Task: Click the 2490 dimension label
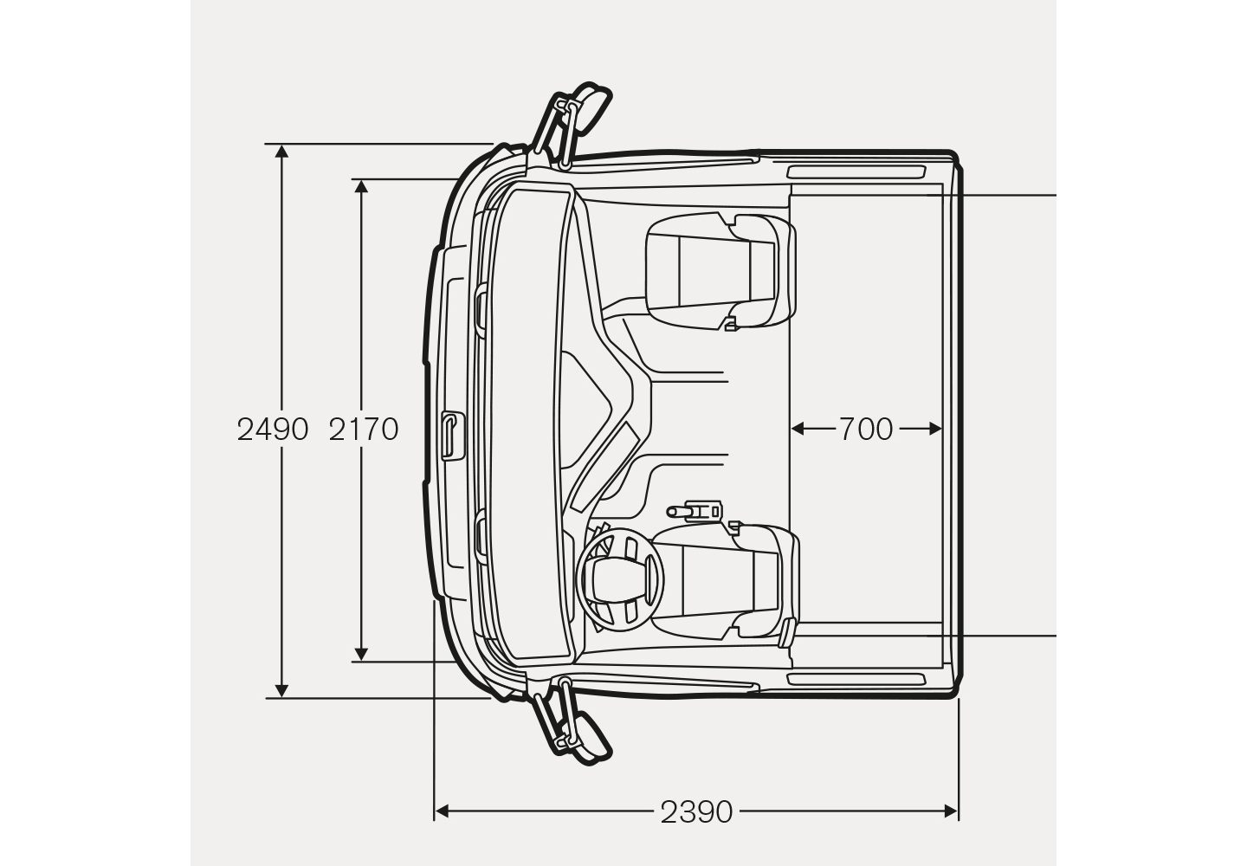point(272,430)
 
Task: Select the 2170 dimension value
point(364,430)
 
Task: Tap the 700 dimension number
point(866,430)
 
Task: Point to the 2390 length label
point(696,812)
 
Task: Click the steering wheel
point(621,579)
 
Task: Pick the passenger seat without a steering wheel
point(720,270)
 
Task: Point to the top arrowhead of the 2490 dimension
point(281,152)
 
